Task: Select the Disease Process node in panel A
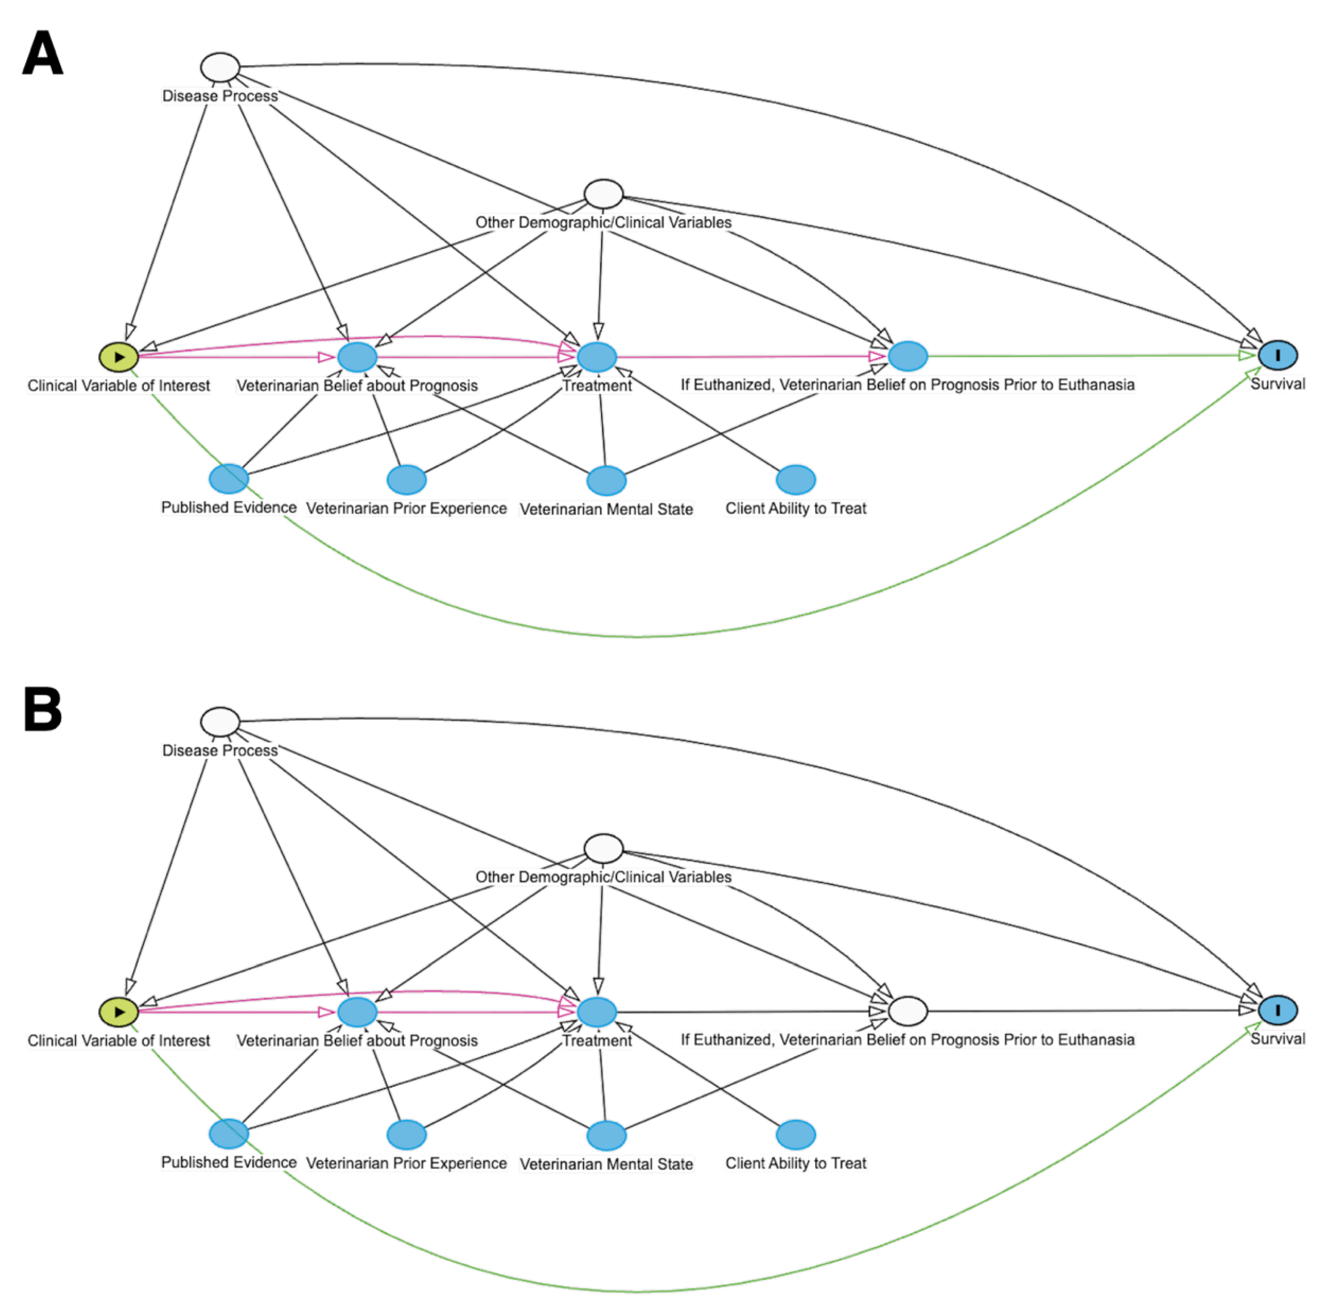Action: coord(220,67)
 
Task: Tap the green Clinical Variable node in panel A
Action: coord(119,356)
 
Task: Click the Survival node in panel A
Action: coord(1278,355)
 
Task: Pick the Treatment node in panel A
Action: coord(597,356)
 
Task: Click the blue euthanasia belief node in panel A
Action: coord(908,356)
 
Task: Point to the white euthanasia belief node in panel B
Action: coord(908,1011)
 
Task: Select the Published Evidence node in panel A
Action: coord(228,478)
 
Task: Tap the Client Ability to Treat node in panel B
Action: coord(796,1134)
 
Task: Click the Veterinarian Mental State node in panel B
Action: coord(606,1136)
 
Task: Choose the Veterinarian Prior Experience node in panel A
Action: coord(406,479)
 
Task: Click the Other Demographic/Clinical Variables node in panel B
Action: coord(603,849)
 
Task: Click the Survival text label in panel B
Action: coord(1278,1038)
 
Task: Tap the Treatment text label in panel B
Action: coord(597,1040)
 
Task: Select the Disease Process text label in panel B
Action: coord(220,750)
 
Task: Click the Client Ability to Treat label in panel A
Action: coord(796,508)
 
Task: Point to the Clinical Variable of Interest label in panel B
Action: coord(119,1040)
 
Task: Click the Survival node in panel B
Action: coord(1278,1010)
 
